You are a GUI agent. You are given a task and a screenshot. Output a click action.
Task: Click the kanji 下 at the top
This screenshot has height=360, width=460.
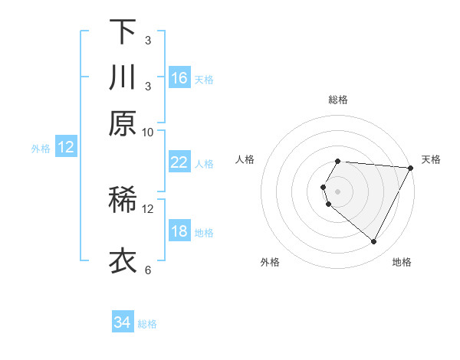pos(123,32)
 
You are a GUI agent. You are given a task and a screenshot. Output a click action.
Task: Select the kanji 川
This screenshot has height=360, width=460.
pos(123,78)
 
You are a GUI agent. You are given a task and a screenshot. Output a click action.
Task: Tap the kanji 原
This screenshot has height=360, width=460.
pos(123,123)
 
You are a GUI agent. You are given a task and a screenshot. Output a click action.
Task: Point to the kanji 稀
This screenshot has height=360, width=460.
pos(123,201)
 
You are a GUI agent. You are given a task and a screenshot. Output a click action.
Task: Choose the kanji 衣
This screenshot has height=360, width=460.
pos(123,261)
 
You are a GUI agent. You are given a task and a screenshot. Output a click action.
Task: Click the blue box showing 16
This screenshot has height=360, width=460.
pos(179,78)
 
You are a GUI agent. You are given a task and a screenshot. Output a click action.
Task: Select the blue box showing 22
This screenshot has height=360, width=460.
pos(179,162)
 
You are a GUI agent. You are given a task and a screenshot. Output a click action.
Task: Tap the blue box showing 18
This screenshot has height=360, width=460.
pos(179,232)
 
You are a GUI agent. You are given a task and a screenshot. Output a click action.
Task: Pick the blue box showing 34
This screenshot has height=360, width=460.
pos(123,323)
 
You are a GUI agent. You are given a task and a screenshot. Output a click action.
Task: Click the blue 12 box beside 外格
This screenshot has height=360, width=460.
pos(66,148)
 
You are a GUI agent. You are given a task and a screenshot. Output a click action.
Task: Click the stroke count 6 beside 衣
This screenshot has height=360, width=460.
pos(148,270)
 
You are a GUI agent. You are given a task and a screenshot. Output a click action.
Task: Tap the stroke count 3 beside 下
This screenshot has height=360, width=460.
pos(148,40)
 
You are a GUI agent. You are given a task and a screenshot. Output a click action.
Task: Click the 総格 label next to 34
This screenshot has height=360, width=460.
pos(147,324)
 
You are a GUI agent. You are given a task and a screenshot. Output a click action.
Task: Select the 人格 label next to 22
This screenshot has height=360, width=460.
pos(204,163)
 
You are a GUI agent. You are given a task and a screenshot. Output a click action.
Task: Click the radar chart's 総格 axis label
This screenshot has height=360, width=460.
pos(338,100)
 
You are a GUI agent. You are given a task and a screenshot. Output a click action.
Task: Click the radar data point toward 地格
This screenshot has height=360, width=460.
pos(374,242)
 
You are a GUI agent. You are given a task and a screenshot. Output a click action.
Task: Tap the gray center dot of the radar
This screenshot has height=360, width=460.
pos(338,191)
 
